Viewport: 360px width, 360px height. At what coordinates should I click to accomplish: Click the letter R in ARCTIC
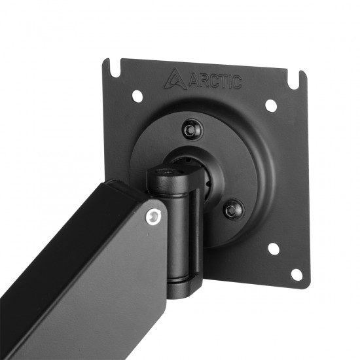pyautogui.click(x=204, y=80)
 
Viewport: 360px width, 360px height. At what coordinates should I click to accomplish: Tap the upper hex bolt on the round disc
pyautogui.click(x=191, y=129)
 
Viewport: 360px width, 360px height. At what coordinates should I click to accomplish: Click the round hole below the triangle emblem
pyautogui.click(x=137, y=96)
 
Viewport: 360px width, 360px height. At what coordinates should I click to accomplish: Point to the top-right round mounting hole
pyautogui.click(x=270, y=105)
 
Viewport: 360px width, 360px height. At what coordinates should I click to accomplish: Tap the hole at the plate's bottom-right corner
pyautogui.click(x=297, y=274)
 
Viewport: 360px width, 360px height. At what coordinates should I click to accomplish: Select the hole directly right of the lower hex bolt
pyautogui.click(x=274, y=249)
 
